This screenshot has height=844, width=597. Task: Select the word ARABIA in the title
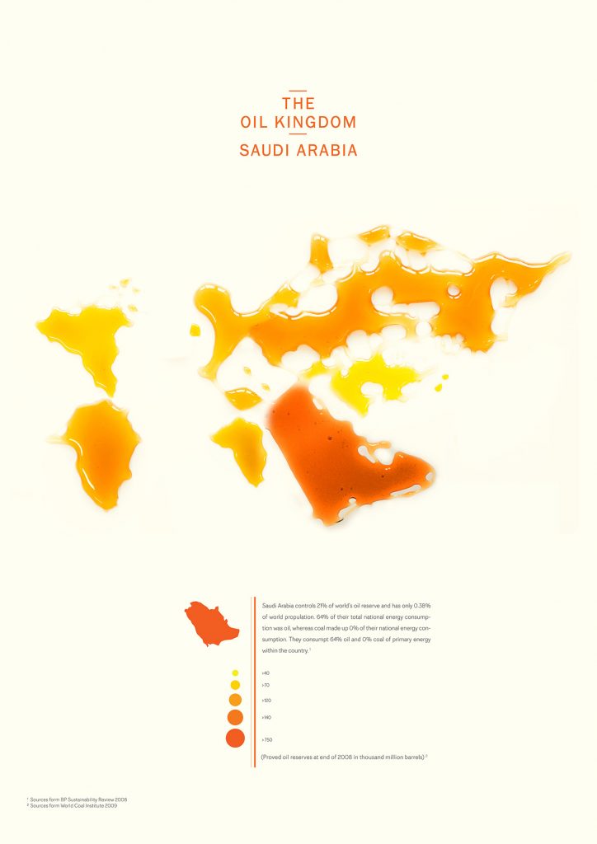tap(328, 152)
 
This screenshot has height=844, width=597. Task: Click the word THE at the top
tap(298, 104)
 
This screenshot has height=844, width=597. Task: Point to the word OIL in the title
tap(255, 123)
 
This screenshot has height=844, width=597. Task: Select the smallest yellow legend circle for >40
tap(235, 673)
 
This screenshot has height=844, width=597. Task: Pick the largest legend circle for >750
tap(235, 738)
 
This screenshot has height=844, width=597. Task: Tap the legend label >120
tap(266, 700)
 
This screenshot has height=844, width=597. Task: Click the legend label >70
tap(266, 685)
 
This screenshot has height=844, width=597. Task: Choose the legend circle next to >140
tap(235, 717)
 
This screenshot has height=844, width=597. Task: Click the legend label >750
tap(267, 740)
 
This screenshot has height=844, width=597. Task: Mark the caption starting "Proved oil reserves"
tap(343, 756)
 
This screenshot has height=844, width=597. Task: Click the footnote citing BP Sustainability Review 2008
tap(78, 799)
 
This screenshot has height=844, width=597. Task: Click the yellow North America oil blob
tap(87, 338)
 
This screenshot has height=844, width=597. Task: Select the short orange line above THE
tap(298, 91)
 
